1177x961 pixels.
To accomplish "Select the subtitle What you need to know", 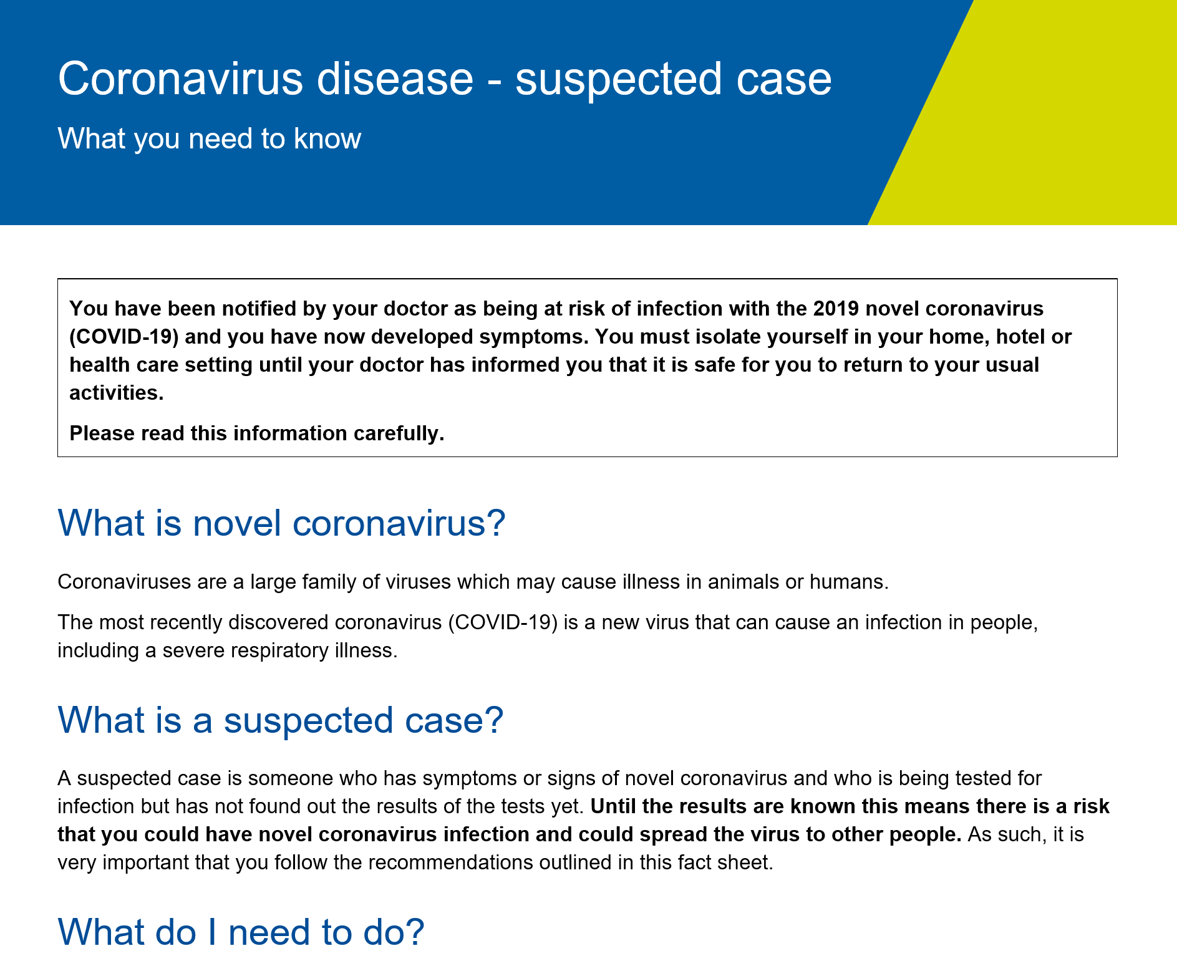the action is click(x=209, y=138).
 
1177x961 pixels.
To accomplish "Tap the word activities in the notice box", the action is click(x=116, y=393).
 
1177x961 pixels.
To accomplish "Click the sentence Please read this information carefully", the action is click(x=256, y=433).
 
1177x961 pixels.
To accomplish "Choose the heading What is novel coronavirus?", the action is click(x=281, y=523).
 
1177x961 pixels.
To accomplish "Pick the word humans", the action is click(x=849, y=582).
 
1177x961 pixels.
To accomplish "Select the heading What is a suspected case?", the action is click(x=280, y=720).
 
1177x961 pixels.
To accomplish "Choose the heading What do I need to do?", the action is click(x=241, y=932).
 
